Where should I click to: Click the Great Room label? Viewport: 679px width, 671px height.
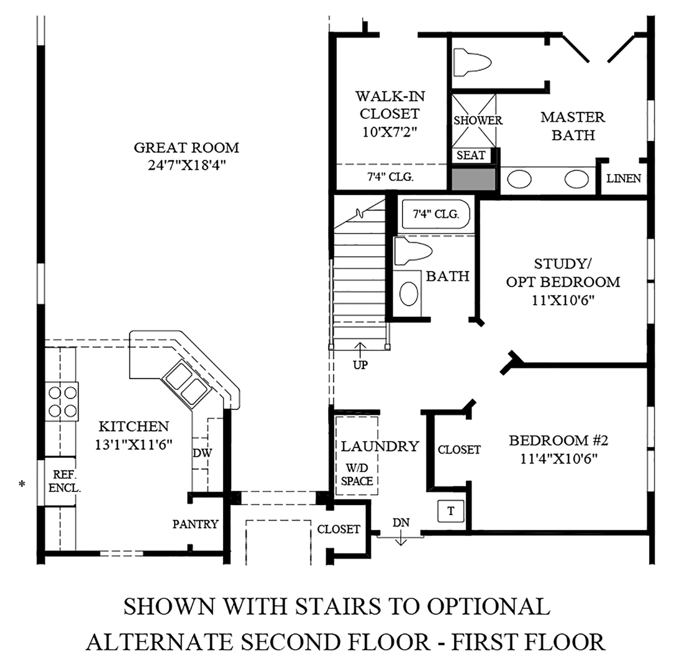coord(186,148)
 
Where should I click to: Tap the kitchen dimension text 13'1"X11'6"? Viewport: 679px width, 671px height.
coord(134,444)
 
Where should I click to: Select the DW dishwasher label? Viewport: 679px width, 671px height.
coord(203,453)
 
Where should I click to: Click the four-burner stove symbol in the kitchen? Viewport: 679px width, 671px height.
coord(62,401)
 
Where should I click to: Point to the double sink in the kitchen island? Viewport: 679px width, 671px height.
coord(186,384)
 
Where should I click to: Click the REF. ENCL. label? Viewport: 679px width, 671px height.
coord(65,482)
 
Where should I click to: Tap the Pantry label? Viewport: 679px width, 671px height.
coord(195,524)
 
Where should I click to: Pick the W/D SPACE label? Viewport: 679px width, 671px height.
coord(357,475)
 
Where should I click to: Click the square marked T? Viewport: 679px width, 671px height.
coord(451,511)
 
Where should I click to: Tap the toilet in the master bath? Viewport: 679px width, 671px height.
coord(472,62)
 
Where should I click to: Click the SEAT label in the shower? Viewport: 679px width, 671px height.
coord(471,155)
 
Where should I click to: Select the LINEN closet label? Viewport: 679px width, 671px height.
coord(624,178)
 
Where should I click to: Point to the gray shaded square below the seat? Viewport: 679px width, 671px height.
coord(473,179)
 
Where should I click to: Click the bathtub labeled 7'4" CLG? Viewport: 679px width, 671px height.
coord(435,214)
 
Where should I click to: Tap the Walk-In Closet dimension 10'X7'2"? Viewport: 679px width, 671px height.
coord(390,132)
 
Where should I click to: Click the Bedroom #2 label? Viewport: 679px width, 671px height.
coord(558,440)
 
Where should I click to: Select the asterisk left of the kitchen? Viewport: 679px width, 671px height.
coord(21,483)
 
